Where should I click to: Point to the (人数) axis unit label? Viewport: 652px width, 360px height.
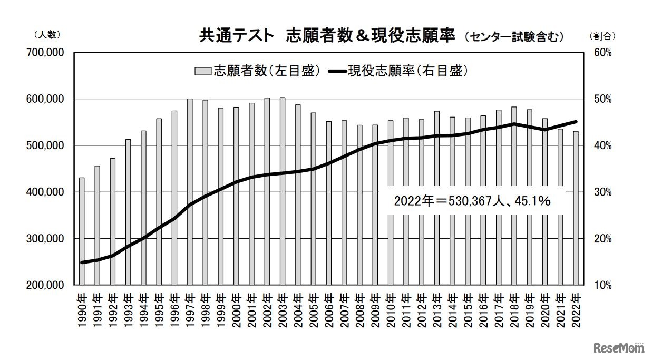47,35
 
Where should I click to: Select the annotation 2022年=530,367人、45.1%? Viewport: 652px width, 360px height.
472,200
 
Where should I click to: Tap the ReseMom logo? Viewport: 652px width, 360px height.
619,348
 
